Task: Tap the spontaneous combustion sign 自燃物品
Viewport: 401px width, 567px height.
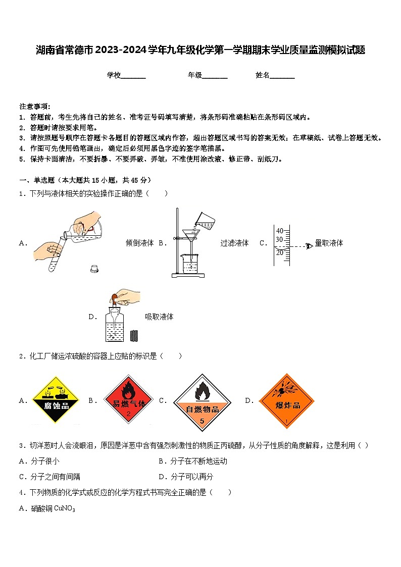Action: (x=202, y=402)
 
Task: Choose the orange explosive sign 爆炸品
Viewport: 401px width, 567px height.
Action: (x=287, y=401)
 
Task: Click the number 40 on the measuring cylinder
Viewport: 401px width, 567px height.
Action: (x=279, y=231)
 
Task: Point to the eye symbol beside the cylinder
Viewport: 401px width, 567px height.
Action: (x=309, y=246)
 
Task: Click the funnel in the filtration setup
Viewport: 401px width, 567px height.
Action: (x=191, y=235)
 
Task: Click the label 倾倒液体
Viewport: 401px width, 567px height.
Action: (x=139, y=243)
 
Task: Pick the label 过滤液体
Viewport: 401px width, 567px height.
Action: (x=234, y=243)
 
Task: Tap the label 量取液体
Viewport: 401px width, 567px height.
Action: (x=329, y=243)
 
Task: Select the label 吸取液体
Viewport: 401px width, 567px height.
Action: (x=159, y=317)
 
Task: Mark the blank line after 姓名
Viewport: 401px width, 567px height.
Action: (x=282, y=76)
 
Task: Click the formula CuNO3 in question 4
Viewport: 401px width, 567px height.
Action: (x=64, y=509)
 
